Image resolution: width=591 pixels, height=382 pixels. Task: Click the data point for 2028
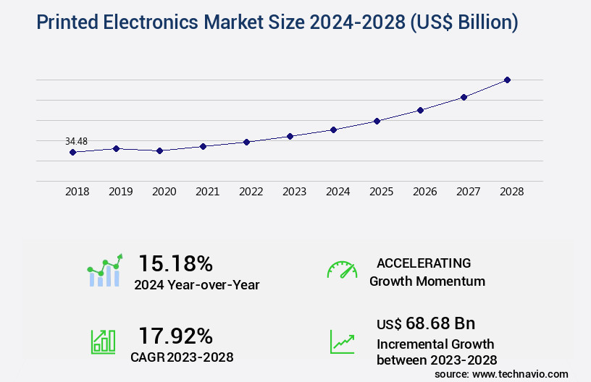[507, 80]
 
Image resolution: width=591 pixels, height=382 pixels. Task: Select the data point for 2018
[72, 152]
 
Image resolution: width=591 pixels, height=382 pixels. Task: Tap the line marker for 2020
[159, 150]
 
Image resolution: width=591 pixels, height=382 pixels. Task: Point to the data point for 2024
[333, 130]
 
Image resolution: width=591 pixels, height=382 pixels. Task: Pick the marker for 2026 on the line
[420, 110]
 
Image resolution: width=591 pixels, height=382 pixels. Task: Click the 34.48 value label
[76, 141]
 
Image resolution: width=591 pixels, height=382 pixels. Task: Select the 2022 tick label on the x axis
[251, 192]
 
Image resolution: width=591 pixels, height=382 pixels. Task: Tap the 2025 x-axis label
[381, 192]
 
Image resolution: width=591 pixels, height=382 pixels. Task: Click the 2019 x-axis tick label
[120, 192]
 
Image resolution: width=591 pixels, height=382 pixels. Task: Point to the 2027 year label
[468, 192]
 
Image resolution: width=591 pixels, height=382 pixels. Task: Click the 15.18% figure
[175, 263]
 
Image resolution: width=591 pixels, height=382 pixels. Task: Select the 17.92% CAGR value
[175, 336]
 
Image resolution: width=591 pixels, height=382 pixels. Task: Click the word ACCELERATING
[423, 263]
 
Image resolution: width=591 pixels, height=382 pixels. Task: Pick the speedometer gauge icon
[342, 270]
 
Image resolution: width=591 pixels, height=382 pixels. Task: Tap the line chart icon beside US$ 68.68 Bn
[342, 342]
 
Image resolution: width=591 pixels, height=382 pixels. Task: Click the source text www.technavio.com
[521, 374]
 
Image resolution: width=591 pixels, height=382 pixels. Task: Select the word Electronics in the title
[163, 22]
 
